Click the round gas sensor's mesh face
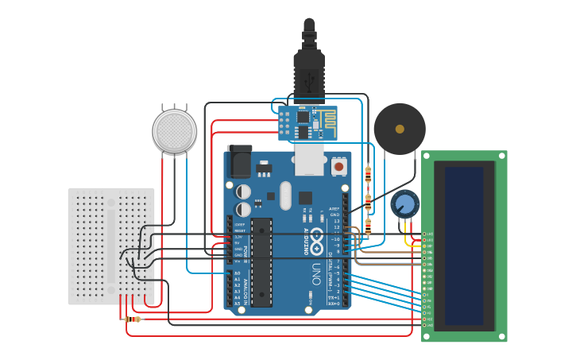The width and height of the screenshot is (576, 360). [174, 130]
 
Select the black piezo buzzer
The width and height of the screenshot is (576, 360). [400, 128]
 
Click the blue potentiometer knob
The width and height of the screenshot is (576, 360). [405, 204]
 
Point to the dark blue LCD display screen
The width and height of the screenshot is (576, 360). [464, 246]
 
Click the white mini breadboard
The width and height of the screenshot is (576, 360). [111, 246]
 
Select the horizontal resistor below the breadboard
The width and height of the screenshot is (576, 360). [133, 319]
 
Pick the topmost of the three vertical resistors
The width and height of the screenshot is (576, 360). [368, 174]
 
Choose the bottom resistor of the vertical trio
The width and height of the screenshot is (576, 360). [368, 227]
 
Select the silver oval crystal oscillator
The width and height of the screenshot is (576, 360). [285, 195]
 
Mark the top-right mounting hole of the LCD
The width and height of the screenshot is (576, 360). [501, 157]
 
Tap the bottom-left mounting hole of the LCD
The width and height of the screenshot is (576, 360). [427, 336]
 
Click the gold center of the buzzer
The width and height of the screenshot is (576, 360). [400, 128]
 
